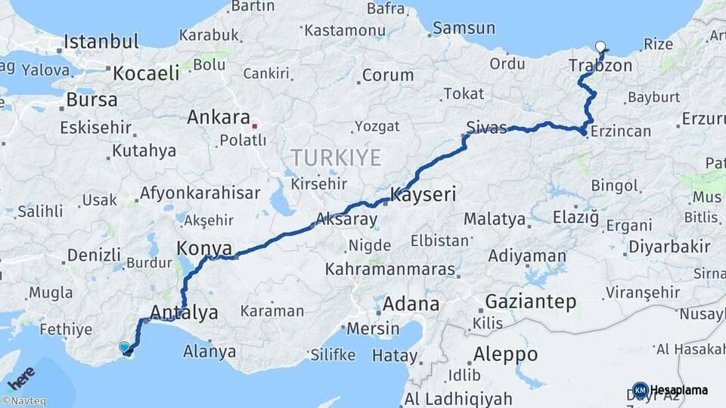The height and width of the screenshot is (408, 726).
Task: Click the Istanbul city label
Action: tap(101, 42)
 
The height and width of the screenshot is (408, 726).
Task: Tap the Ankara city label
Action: tap(219, 118)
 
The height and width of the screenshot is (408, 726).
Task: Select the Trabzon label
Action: tap(601, 66)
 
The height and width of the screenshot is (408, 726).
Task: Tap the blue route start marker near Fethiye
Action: tap(125, 347)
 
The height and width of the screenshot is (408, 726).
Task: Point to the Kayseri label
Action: tap(423, 195)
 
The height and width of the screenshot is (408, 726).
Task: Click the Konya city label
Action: tap(200, 248)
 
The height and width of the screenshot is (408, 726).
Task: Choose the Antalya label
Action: tap(185, 312)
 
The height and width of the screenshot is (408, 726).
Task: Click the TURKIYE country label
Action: tap(337, 157)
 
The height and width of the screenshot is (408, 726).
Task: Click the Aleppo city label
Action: tap(505, 354)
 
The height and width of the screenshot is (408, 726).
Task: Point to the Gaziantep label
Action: tap(531, 301)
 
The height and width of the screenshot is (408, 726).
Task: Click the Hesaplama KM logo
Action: tap(670, 390)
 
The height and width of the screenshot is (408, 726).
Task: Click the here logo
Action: tap(20, 377)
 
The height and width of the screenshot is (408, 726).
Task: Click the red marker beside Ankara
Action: tap(255, 126)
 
